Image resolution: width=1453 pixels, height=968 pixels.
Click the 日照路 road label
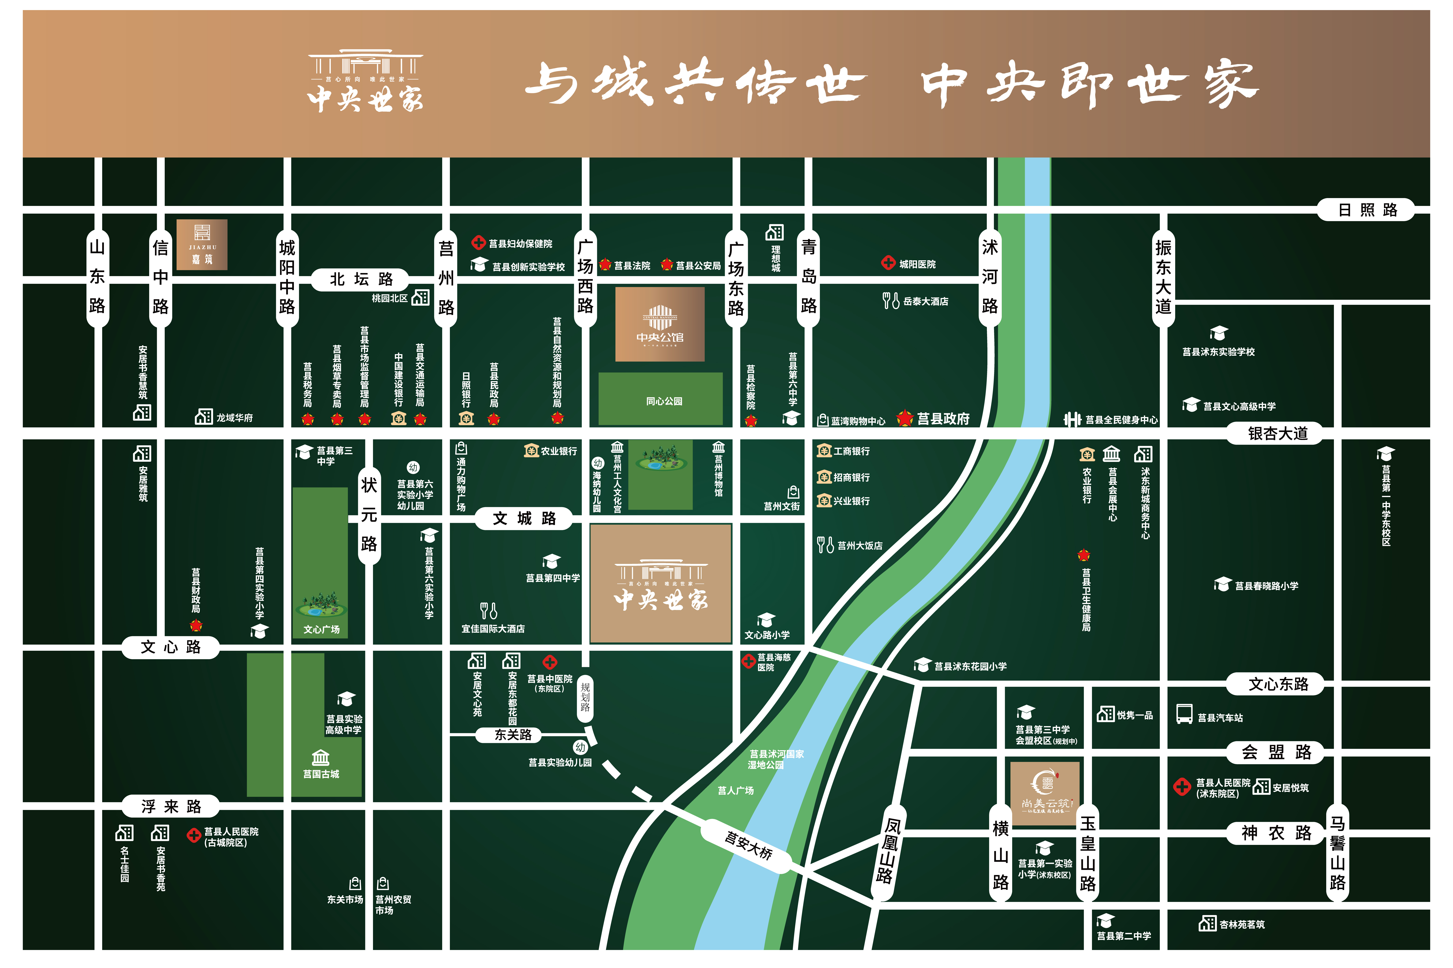(1367, 210)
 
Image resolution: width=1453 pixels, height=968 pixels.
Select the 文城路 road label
(525, 519)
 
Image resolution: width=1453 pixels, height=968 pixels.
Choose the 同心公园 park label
(664, 401)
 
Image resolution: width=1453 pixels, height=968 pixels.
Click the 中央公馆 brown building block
(660, 324)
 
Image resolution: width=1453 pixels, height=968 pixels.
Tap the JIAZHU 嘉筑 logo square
(202, 245)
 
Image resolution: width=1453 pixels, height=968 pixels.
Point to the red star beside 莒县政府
(905, 419)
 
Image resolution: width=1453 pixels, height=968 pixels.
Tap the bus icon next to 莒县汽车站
(1184, 714)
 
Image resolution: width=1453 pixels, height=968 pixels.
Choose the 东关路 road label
(513, 735)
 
